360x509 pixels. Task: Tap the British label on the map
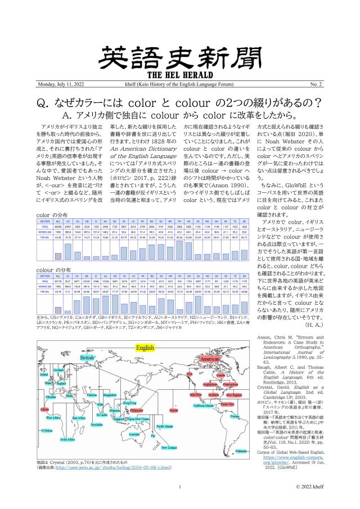coord(87,357)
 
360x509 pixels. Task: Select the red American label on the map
coord(210,359)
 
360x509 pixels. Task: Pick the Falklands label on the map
coord(241,467)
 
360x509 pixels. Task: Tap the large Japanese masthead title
coord(180,57)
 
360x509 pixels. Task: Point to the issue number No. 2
coord(314,84)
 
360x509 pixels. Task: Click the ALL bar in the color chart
coord(58,255)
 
